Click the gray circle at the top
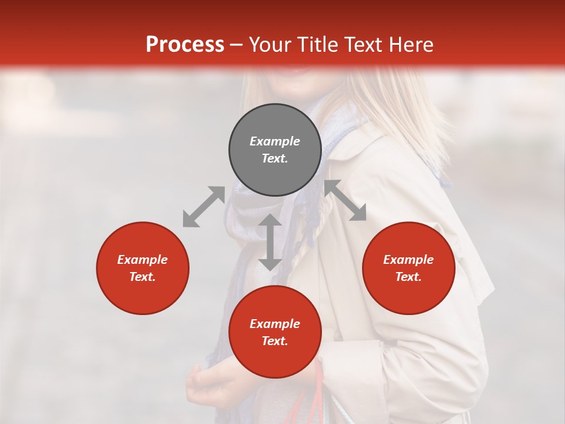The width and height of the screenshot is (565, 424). coord(275,150)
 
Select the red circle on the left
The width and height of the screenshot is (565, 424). coord(142,268)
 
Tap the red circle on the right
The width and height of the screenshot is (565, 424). coord(408,268)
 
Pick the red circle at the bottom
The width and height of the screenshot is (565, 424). coord(275,332)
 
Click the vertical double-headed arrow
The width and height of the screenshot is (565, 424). coord(270,242)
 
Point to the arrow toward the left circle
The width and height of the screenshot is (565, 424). coord(204,207)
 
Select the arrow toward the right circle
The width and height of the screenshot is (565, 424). coord(345,200)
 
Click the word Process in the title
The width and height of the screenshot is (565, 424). coord(185,44)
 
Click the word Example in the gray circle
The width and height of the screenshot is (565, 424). coord(275,141)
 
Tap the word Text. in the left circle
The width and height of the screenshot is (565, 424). coord(142,277)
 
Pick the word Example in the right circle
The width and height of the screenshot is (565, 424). coord(408,260)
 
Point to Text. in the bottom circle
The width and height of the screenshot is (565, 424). coord(275,341)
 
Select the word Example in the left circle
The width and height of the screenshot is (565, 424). coord(142,260)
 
